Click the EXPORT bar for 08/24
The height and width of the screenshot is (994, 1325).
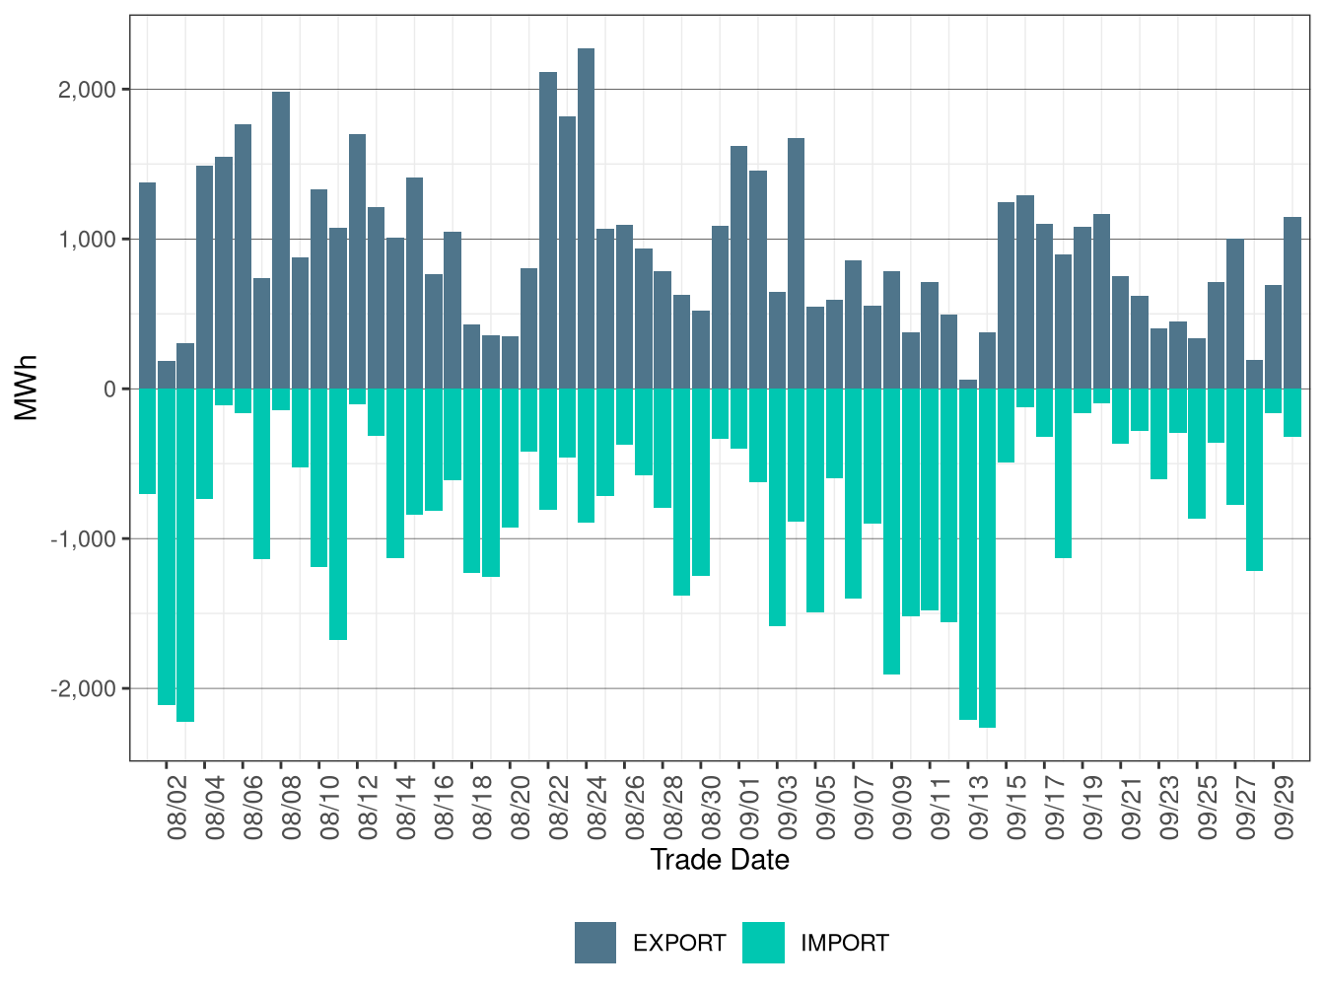point(586,218)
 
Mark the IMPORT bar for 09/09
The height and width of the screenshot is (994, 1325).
point(891,532)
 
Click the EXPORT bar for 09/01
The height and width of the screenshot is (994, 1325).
point(738,267)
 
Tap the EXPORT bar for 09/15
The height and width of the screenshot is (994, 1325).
point(1006,295)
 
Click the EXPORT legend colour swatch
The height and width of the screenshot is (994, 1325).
point(595,943)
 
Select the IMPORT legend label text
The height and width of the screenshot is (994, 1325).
point(844,944)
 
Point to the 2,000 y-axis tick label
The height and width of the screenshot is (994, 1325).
point(87,90)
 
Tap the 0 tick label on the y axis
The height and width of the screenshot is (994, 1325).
point(109,390)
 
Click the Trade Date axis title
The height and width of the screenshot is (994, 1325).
point(720,860)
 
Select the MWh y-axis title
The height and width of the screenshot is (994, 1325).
point(27,389)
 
